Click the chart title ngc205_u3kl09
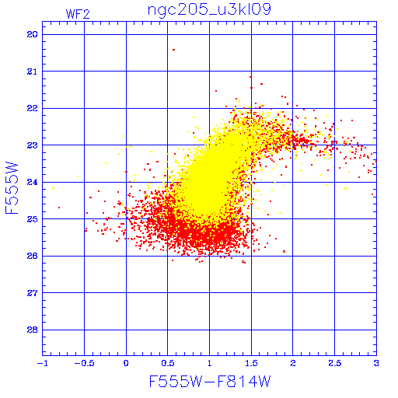(x=209, y=10)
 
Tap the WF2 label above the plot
(x=78, y=14)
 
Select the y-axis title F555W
(x=12, y=188)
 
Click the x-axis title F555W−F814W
(x=210, y=382)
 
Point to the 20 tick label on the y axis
(x=32, y=34)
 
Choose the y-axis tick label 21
(x=32, y=72)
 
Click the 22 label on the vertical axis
(x=32, y=108)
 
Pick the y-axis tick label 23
(x=32, y=145)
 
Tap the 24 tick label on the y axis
(x=32, y=182)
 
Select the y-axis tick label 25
(x=32, y=219)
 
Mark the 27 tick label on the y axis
(x=32, y=293)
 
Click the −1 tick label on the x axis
(x=43, y=363)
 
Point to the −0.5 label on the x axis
(x=84, y=363)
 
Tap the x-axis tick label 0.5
(x=168, y=363)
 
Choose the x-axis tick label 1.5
(x=251, y=363)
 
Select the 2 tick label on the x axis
(x=293, y=363)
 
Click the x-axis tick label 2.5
(x=334, y=363)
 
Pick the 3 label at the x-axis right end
(x=376, y=363)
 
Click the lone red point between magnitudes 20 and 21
(x=173, y=50)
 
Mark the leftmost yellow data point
(x=53, y=188)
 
